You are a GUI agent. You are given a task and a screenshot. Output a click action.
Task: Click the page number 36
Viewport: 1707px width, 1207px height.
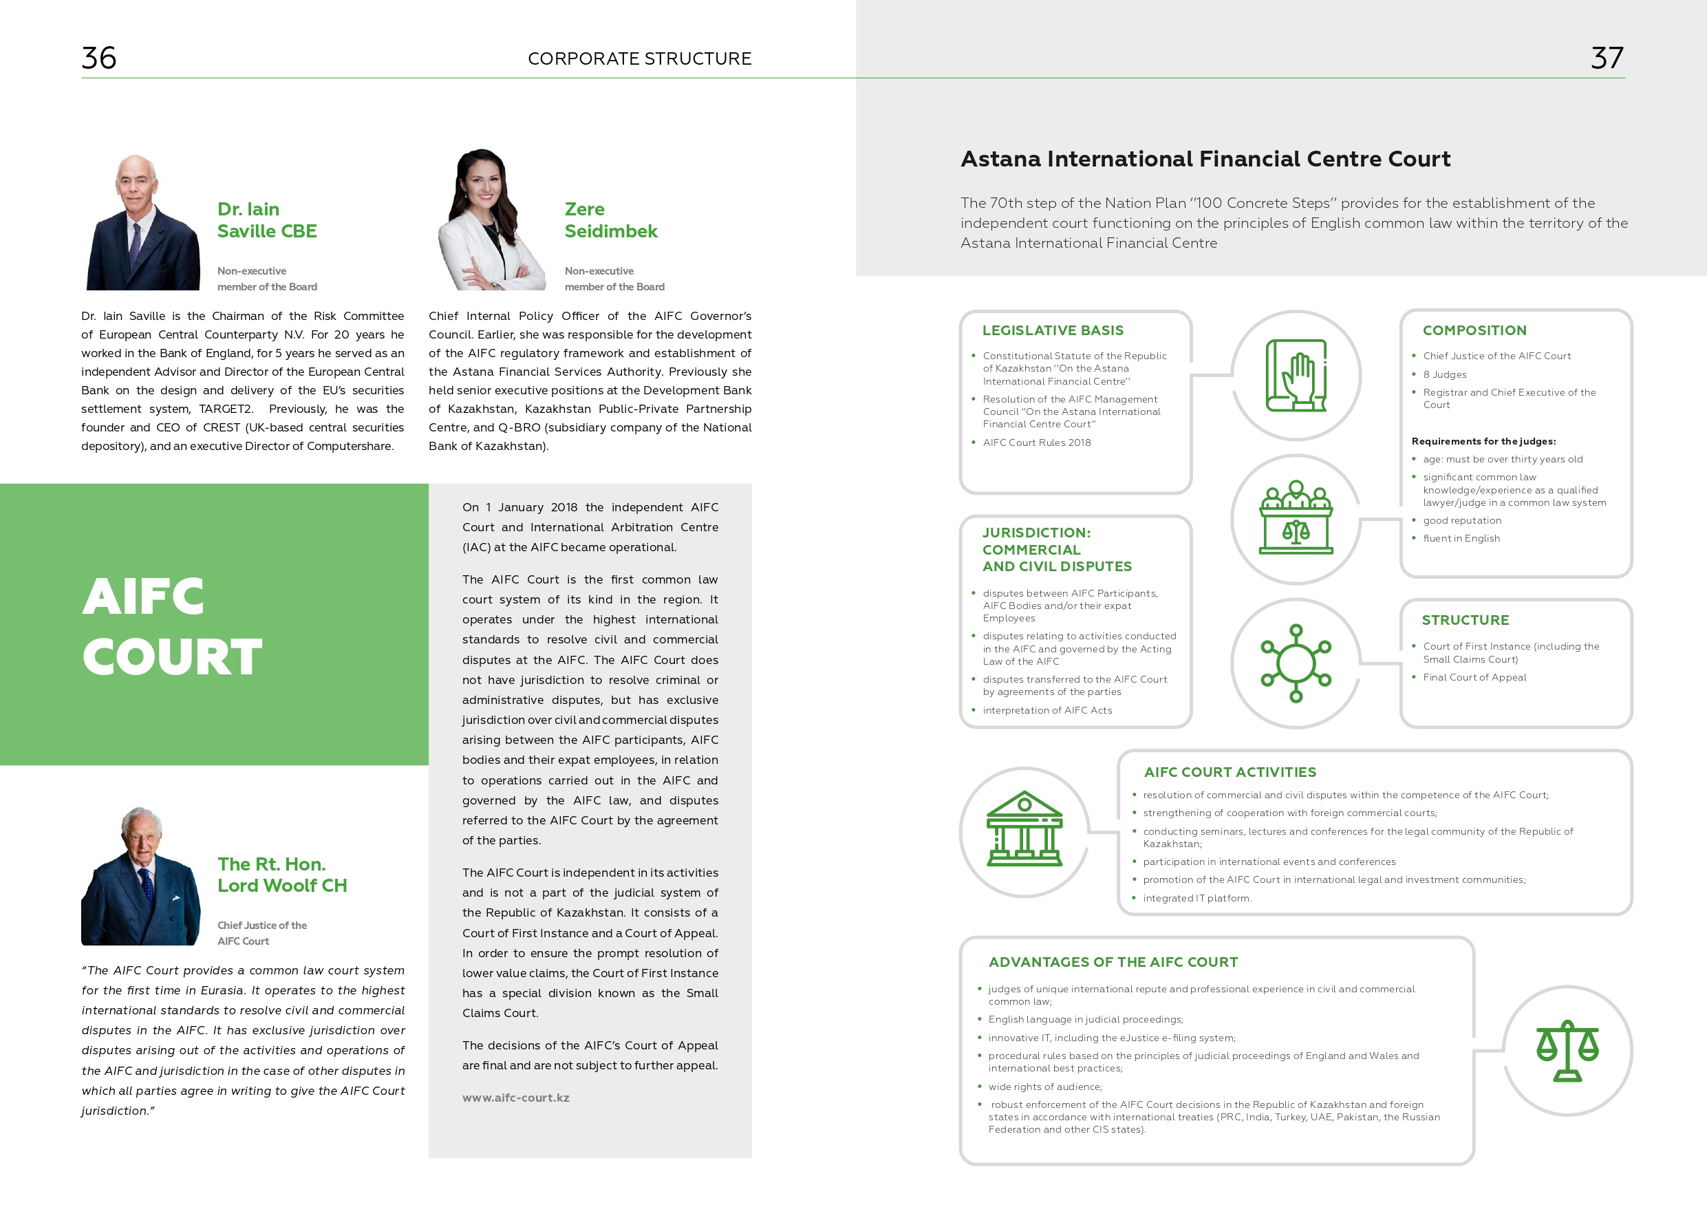[99, 58]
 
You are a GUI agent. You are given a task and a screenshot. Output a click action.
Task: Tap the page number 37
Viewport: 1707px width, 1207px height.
[1607, 58]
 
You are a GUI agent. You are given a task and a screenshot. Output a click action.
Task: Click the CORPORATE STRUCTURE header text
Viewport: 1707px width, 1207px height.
[639, 58]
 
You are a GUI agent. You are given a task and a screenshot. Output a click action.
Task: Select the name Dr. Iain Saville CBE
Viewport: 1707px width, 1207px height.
[267, 220]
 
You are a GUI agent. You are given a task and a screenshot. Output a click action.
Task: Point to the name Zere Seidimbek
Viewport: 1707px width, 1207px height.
[610, 220]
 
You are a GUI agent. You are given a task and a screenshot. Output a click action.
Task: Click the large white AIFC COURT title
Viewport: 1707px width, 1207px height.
[172, 626]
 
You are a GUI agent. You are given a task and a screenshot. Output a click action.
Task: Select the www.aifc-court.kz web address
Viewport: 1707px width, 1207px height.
[515, 1098]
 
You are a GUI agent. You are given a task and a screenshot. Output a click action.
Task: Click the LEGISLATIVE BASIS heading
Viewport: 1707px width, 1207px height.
[1053, 330]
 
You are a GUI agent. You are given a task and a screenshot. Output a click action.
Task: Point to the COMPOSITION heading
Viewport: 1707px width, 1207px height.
[1474, 330]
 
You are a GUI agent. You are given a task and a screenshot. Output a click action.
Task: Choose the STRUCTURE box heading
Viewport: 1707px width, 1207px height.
[1466, 620]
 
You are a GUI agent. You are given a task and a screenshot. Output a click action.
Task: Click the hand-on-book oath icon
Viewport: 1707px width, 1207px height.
[1296, 376]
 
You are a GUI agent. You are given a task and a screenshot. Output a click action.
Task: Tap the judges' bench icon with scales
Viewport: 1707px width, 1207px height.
[1296, 518]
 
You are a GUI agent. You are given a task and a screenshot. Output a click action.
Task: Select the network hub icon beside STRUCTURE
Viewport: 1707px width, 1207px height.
[1296, 663]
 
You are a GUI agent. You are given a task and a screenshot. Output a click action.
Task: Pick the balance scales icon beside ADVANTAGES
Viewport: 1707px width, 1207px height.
[1567, 1050]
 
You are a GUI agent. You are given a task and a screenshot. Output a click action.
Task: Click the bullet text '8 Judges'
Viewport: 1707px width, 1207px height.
[1445, 375]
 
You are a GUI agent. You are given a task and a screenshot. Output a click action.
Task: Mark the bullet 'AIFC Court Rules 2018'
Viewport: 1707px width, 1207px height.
[1036, 442]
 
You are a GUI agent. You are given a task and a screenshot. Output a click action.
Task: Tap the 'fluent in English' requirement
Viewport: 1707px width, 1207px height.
[1461, 538]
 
